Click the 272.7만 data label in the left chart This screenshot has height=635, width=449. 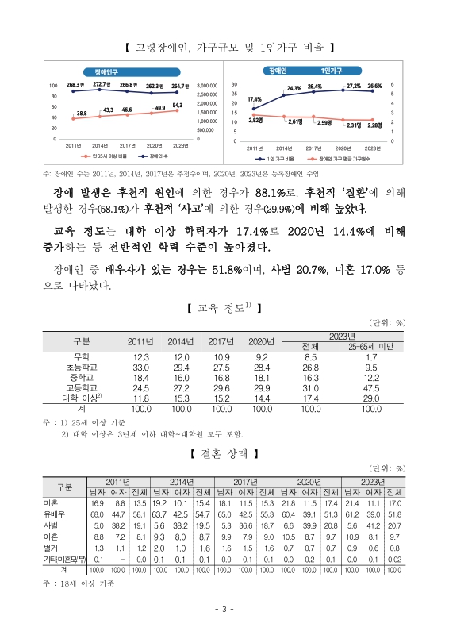[102, 83]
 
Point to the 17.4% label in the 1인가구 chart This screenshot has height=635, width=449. [255, 99]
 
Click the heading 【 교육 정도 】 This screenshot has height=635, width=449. [224, 307]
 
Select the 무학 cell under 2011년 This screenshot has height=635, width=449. [140, 358]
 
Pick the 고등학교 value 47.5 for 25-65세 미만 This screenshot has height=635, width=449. [370, 388]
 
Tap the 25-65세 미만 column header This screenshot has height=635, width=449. [370, 347]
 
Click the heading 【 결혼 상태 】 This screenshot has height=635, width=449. [224, 454]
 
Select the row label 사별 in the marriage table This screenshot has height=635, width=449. [52, 525]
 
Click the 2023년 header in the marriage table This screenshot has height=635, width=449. [374, 482]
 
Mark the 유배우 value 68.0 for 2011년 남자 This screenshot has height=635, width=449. [98, 514]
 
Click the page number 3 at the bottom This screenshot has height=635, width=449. [224, 610]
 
